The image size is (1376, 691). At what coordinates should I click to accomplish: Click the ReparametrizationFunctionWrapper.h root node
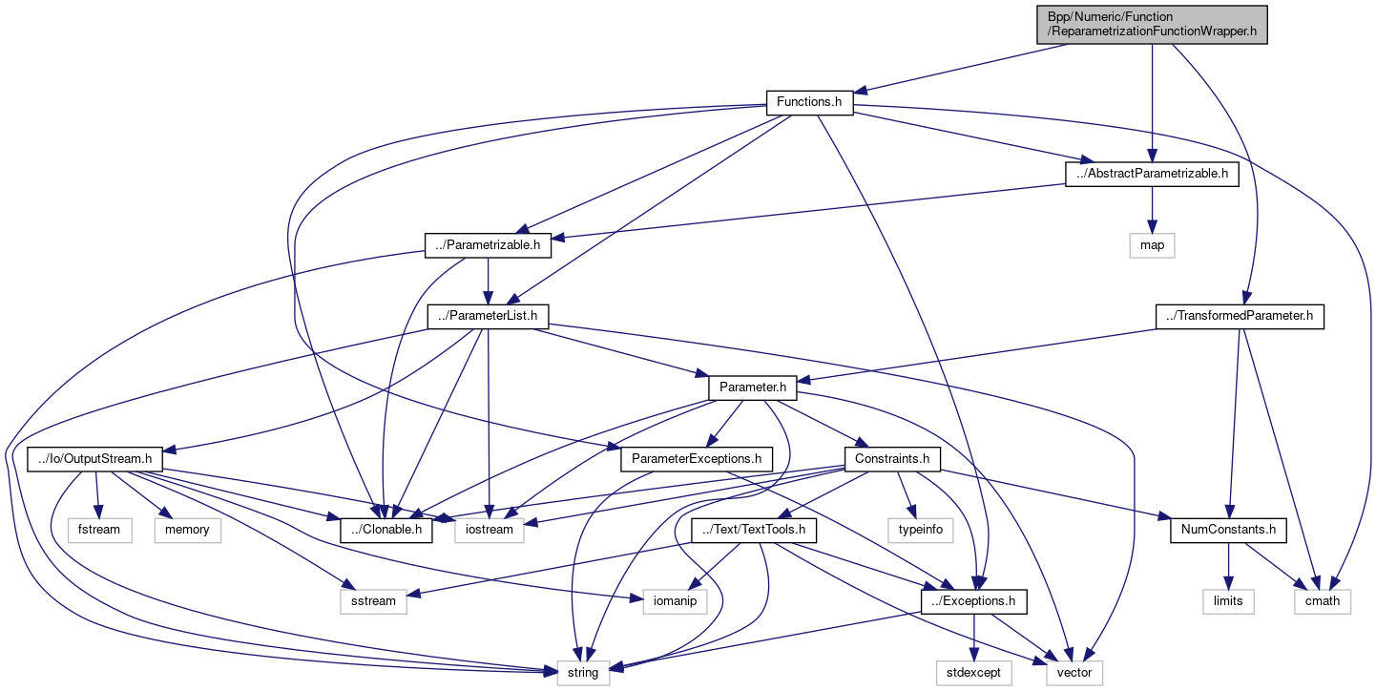pyautogui.click(x=1152, y=24)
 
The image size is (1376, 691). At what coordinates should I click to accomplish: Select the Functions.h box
pyautogui.click(x=809, y=102)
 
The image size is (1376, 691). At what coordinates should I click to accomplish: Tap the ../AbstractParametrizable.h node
pyautogui.click(x=1151, y=174)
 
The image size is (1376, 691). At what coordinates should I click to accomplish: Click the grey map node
pyautogui.click(x=1152, y=245)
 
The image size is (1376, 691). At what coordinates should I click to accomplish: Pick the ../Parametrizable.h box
pyautogui.click(x=489, y=245)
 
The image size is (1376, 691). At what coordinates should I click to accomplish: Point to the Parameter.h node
pyautogui.click(x=753, y=388)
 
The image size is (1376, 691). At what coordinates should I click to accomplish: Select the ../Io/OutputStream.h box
pyautogui.click(x=95, y=459)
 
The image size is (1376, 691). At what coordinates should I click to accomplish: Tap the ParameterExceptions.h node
pyautogui.click(x=696, y=459)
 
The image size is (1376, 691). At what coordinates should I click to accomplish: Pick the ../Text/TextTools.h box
pyautogui.click(x=754, y=530)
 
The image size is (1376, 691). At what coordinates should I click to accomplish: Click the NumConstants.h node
pyautogui.click(x=1228, y=530)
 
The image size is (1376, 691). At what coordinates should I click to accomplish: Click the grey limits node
pyautogui.click(x=1228, y=601)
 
